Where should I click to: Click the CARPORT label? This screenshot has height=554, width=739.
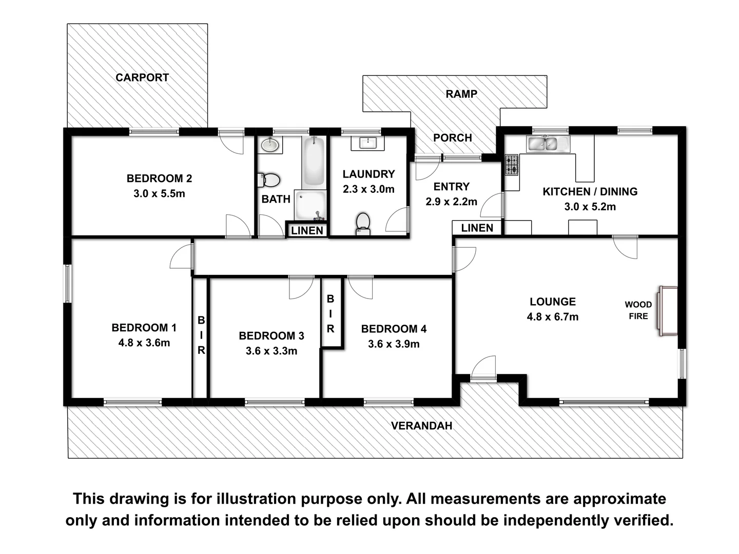point(142,77)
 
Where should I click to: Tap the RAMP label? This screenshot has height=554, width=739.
point(461,94)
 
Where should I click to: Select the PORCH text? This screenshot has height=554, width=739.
point(452,137)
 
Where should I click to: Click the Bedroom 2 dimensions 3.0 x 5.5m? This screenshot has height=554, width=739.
point(159,194)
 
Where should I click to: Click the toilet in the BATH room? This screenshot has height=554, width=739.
point(269,181)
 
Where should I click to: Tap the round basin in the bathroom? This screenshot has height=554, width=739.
point(269,145)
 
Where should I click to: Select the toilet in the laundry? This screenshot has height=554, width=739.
point(363,223)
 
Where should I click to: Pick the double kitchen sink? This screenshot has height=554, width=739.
point(547,144)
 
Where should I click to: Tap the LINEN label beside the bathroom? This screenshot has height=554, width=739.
point(307,230)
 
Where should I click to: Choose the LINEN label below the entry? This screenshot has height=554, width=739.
point(477,228)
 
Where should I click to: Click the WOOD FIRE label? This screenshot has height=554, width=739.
point(638,310)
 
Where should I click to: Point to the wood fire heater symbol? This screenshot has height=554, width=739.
point(668,311)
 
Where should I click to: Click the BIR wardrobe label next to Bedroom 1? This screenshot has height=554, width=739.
point(201,335)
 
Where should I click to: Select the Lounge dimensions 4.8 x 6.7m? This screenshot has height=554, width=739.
point(552,317)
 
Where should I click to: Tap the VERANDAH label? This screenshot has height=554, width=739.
point(421,426)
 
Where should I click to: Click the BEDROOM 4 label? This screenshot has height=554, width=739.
point(394,329)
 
